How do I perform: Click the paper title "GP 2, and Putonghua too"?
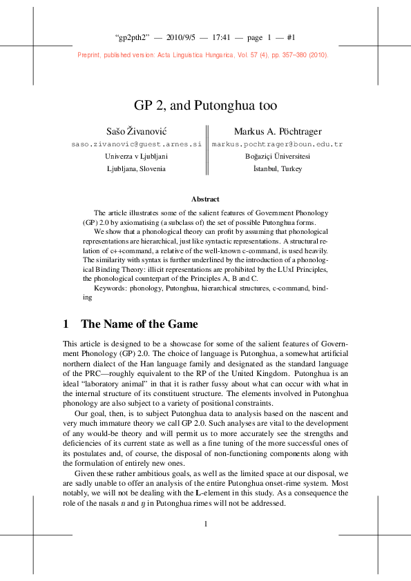[205, 106]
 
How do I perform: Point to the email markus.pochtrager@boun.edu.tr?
[278, 144]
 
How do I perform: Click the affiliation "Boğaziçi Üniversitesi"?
[278, 157]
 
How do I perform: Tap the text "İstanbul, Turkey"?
[278, 169]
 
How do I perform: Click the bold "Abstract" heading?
[205, 199]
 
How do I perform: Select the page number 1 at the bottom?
[206, 524]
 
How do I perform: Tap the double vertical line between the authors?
[207, 150]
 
